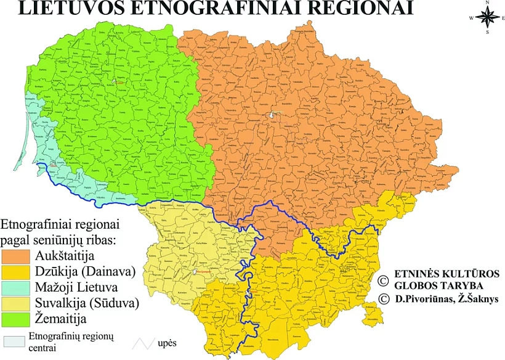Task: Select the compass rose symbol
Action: [x=487, y=18]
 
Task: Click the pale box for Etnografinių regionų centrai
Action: [x=14, y=341]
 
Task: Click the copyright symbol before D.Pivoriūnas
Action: [x=383, y=300]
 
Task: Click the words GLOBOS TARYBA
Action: [x=431, y=286]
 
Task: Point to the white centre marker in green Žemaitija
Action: [x=121, y=81]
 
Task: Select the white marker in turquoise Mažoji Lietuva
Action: [x=55, y=165]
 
